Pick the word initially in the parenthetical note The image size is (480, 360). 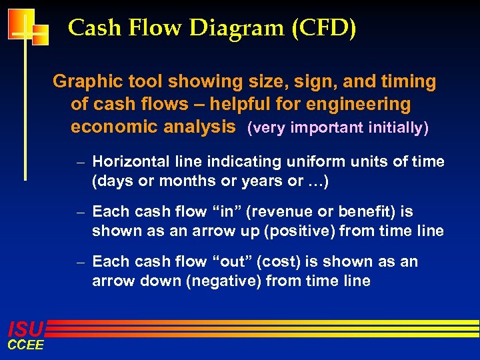(x=397, y=128)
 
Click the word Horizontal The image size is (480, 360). (x=131, y=162)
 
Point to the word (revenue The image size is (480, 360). (x=274, y=212)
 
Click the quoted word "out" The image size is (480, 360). (x=227, y=262)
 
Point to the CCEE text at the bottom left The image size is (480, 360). (x=25, y=345)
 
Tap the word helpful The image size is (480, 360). (x=235, y=105)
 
